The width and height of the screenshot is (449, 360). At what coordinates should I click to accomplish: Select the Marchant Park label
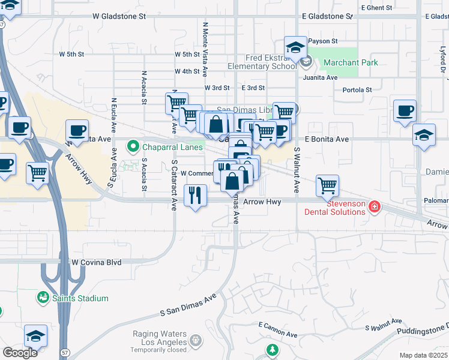pyautogui.click(x=351, y=62)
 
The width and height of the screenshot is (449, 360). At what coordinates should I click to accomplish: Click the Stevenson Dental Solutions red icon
pyautogui.click(x=375, y=207)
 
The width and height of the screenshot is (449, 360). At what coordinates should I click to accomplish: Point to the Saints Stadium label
pyautogui.click(x=80, y=298)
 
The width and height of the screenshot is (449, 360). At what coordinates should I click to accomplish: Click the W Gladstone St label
pyautogui.click(x=119, y=17)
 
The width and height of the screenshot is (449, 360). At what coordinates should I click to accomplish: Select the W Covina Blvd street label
pyautogui.click(x=97, y=262)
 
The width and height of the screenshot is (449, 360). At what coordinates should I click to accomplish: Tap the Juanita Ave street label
pyautogui.click(x=320, y=77)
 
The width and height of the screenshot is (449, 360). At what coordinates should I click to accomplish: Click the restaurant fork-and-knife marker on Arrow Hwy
pyautogui.click(x=195, y=194)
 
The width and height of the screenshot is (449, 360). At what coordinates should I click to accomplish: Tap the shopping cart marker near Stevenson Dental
pyautogui.click(x=327, y=185)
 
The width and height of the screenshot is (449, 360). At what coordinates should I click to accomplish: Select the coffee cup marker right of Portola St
pyautogui.click(x=405, y=110)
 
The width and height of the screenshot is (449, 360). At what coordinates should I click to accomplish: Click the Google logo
pyautogui.click(x=20, y=353)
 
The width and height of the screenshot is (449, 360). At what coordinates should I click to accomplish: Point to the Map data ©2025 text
pyautogui.click(x=423, y=355)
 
